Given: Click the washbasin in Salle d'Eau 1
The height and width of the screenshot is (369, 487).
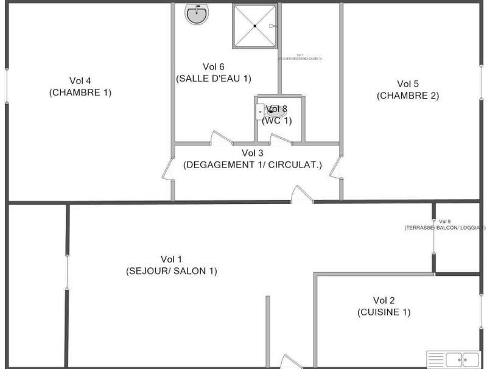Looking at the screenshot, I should pos(197,15).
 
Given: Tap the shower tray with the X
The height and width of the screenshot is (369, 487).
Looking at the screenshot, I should pos(254,26).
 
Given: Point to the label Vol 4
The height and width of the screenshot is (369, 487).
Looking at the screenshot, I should pos(80,80).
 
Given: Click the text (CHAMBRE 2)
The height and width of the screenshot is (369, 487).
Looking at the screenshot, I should pos(408,96).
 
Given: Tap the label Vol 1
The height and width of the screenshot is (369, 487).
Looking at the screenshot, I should pos(171,259).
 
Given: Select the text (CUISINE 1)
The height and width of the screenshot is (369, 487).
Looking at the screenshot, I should pos(384,312).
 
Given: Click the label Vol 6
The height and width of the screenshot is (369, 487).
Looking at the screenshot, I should pos(214,66).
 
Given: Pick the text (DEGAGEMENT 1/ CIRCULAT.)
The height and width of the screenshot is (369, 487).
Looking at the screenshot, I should pos(253,164).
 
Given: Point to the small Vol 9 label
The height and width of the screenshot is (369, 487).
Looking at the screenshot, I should pos(444,221).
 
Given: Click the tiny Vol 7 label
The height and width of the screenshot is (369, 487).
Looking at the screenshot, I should pos(300,55).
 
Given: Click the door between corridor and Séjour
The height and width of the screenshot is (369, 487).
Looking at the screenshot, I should pos(302,195).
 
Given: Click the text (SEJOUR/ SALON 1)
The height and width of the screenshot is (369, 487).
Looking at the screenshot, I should pos(171,271).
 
